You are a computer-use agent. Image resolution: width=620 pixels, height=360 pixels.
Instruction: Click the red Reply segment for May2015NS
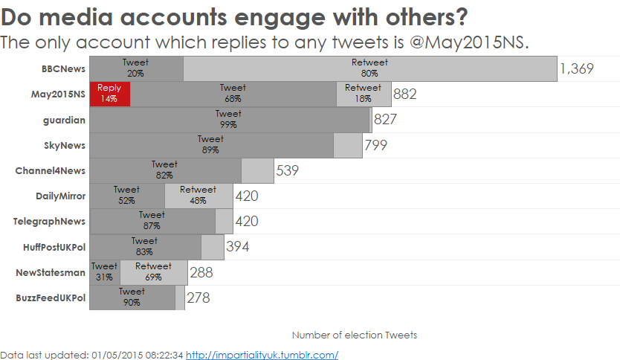pyautogui.click(x=109, y=94)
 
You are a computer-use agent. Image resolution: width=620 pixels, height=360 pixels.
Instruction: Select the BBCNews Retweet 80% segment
pyautogui.click(x=369, y=68)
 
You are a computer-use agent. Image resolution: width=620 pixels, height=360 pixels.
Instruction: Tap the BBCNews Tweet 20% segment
pyautogui.click(x=136, y=68)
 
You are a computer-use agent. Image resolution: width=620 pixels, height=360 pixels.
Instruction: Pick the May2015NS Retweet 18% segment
pyautogui.click(x=364, y=94)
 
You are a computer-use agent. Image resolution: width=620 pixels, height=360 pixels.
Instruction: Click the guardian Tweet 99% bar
pyautogui.click(x=229, y=119)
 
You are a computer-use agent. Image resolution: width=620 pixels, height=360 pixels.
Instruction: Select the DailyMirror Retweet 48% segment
pyautogui.click(x=198, y=196)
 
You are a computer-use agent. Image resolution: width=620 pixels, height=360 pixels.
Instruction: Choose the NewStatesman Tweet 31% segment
pyautogui.click(x=104, y=271)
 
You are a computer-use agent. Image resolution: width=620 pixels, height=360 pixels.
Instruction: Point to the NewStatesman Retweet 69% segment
pyautogui.click(x=153, y=271)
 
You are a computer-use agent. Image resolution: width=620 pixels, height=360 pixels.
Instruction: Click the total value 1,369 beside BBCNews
pyautogui.click(x=577, y=69)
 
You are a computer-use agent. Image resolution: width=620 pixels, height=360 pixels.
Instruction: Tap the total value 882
pyautogui.click(x=405, y=94)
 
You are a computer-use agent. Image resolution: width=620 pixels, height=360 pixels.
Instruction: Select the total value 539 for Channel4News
pyautogui.click(x=287, y=170)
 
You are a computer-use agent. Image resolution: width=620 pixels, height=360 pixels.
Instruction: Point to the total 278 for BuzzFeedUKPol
pyautogui.click(x=198, y=298)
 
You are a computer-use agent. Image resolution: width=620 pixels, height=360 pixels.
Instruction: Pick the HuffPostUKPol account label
pyautogui.click(x=54, y=246)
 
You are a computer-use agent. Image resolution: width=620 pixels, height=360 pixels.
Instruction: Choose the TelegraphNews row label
pyautogui.click(x=50, y=221)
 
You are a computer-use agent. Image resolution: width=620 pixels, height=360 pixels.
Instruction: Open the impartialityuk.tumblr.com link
pyautogui.click(x=262, y=355)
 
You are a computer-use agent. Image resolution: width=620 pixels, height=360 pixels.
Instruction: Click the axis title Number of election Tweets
pyautogui.click(x=355, y=335)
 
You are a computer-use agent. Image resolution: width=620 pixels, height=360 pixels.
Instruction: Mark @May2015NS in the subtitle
pyautogui.click(x=468, y=42)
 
